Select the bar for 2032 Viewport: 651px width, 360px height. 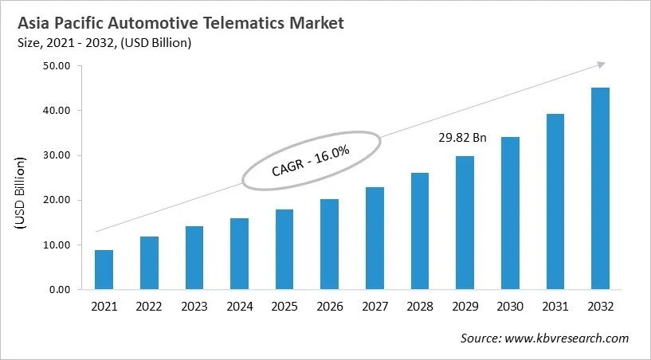(x=600, y=189)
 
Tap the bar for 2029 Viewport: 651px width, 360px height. (x=465, y=223)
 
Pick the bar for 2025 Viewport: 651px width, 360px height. (x=284, y=249)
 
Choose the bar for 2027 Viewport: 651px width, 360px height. (x=375, y=238)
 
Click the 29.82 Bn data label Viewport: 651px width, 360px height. (x=463, y=138)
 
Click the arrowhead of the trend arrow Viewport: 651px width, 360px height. (x=601, y=65)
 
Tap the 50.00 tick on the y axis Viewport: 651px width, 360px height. (x=57, y=66)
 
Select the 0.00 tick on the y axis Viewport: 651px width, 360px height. (x=61, y=290)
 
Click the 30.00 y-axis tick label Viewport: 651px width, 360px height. (x=57, y=155)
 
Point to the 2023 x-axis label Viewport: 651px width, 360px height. (x=194, y=307)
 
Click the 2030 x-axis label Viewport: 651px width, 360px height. (x=510, y=307)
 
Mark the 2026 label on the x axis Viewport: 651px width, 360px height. (x=329, y=307)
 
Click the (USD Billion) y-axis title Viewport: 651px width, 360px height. (x=21, y=194)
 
